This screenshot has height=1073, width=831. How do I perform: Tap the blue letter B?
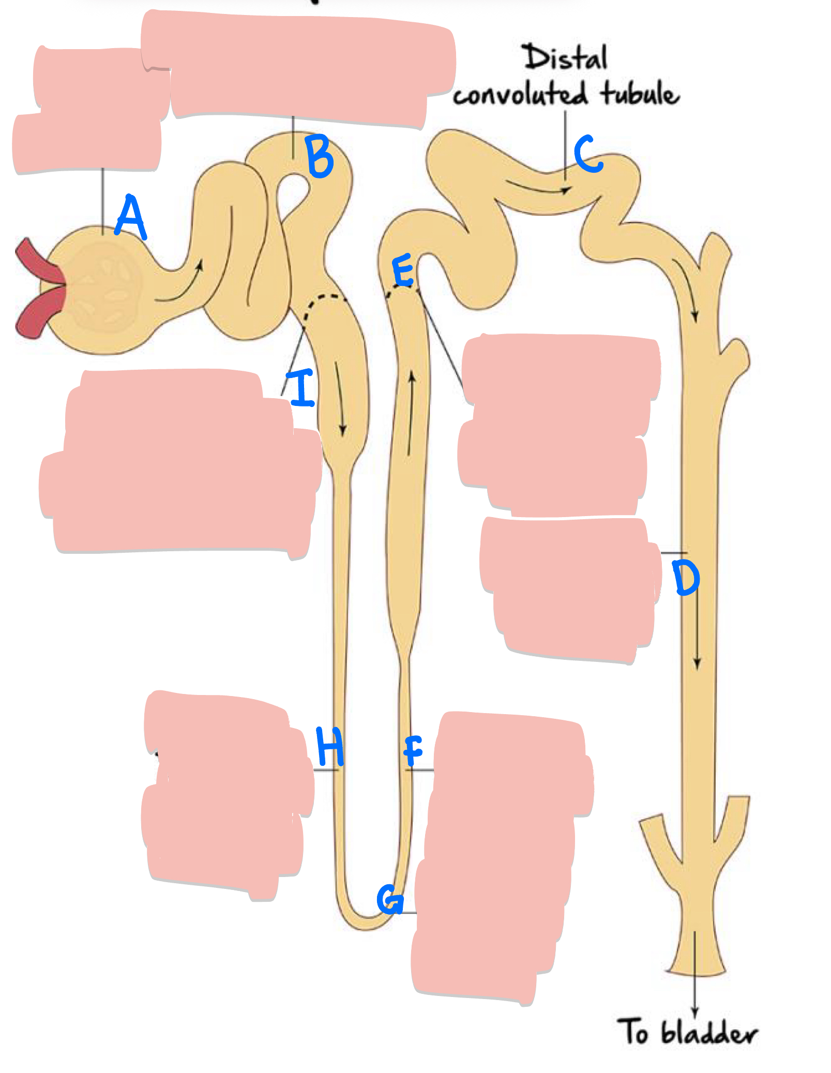tap(320, 156)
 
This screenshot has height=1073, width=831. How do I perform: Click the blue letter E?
tap(403, 270)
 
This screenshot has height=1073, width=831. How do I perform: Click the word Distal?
tap(565, 58)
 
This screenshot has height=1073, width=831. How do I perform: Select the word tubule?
tap(640, 95)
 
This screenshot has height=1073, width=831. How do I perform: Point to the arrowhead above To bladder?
tap(695, 1011)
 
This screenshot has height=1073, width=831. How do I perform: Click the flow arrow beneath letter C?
tap(538, 187)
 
